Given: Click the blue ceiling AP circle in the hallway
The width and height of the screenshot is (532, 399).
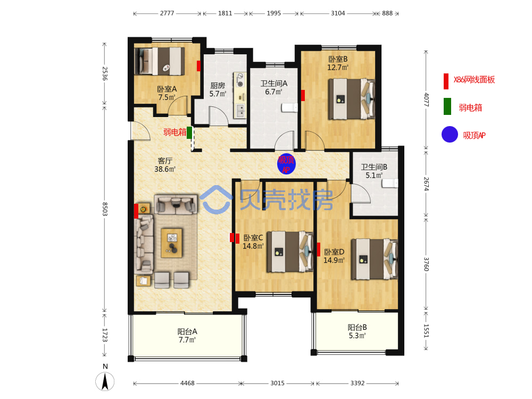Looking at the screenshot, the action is tap(286, 164).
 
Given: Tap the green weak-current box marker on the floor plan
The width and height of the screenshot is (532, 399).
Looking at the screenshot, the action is tap(189, 132).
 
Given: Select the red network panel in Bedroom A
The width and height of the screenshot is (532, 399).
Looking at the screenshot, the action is tap(198, 66).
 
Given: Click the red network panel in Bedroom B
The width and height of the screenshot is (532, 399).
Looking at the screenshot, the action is tap(303, 95).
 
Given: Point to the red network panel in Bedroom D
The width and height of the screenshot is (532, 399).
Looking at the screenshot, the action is tap(319, 250).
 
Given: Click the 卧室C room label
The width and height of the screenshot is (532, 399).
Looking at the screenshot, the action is tap(253, 237).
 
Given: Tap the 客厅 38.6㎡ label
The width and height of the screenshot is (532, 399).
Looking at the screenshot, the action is tap(165, 164).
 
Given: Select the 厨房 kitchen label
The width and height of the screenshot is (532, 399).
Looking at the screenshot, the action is tap(218, 85).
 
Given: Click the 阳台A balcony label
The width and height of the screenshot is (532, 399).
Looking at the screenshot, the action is tap(187, 331).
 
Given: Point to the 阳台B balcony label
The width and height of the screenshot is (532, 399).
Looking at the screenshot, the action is tap(358, 327).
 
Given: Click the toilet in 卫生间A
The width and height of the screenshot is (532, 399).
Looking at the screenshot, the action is tap(289, 108).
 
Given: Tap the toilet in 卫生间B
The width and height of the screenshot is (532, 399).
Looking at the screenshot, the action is tap(390, 183).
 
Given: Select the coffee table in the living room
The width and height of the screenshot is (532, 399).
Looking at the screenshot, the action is tap(172, 243).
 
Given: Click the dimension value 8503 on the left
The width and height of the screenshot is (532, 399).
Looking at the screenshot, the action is tap(105, 209).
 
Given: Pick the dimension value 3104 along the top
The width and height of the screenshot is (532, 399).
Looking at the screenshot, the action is tap(338, 13).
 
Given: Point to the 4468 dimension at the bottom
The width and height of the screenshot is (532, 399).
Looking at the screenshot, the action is tap(187, 383).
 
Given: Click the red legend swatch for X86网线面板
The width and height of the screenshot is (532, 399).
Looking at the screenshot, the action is tap(446, 81).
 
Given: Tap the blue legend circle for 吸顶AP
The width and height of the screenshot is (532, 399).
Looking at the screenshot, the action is tap(450, 135).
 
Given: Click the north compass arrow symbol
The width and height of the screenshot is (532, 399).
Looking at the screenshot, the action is tap(105, 381).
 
